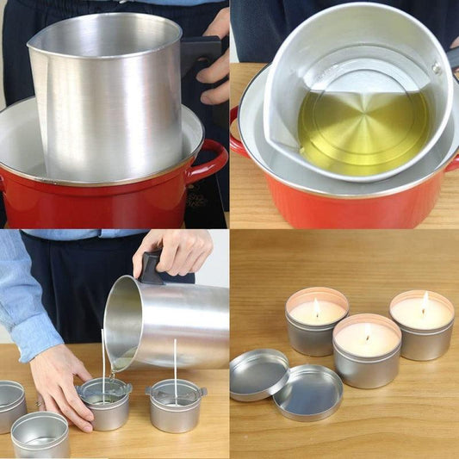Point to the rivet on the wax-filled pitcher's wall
[x=437, y=68]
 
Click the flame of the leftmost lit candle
[x=317, y=307]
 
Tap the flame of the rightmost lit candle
[x=425, y=301]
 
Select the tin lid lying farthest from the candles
[x=258, y=373]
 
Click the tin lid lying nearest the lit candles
[x=307, y=393]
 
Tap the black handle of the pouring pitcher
[x=152, y=270]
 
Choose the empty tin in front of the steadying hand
[x=40, y=435]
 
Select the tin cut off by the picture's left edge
[x=10, y=405]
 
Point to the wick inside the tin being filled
[x=102, y=362]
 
